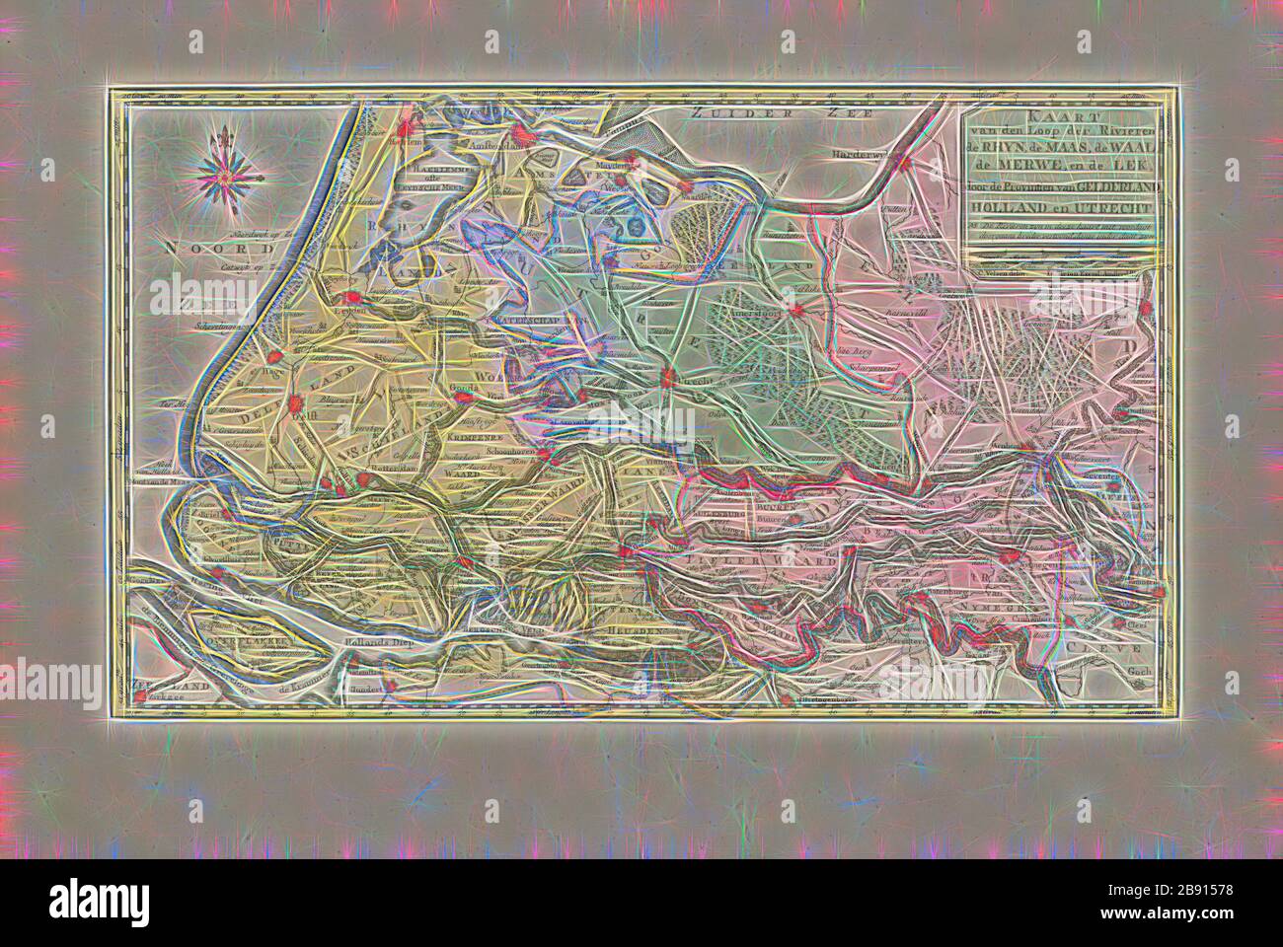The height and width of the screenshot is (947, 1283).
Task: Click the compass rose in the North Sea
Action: [x=223, y=177]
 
